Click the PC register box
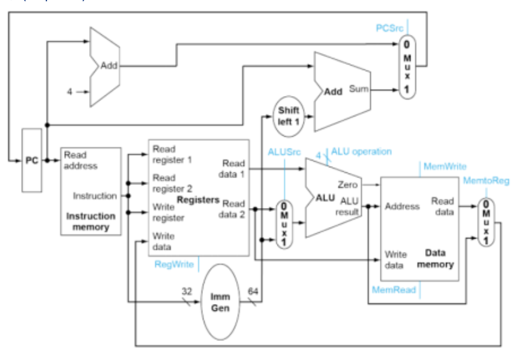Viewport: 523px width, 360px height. (31, 160)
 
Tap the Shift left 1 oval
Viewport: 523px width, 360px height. (288, 114)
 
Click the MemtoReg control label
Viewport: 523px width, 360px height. (482, 181)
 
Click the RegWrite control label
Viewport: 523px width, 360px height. (174, 264)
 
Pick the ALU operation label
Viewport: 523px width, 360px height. (362, 151)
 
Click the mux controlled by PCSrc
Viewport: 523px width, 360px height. (405, 67)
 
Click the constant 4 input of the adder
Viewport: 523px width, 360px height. (70, 92)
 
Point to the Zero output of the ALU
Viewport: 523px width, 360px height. (347, 184)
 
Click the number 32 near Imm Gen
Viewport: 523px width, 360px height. (186, 291)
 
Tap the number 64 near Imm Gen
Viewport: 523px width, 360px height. (253, 291)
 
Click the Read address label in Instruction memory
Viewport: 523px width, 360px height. (81, 160)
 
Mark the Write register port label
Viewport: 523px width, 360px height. (169, 212)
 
